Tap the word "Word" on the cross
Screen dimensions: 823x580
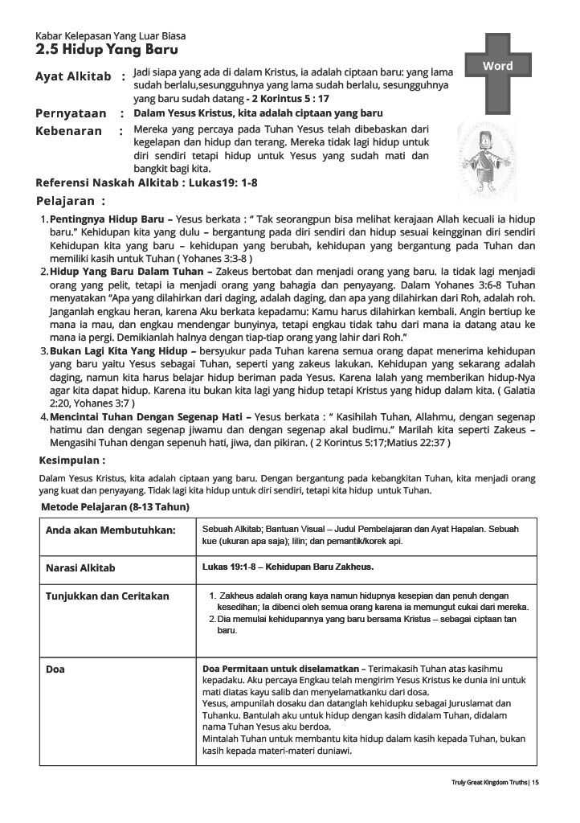(498, 66)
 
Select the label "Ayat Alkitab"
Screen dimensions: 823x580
(73, 76)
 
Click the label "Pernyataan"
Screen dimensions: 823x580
(72, 113)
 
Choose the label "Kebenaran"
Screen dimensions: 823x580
(69, 130)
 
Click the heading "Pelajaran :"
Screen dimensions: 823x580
(71, 201)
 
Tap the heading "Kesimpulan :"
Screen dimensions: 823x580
(72, 461)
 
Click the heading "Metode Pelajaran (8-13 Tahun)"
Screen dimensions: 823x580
(115, 508)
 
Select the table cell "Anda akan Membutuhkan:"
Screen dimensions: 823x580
(100, 530)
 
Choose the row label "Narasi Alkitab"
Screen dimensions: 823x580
(80, 567)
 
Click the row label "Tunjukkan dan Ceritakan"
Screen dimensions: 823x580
(108, 596)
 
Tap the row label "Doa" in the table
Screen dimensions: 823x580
(55, 669)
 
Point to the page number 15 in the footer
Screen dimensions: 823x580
(535, 782)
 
